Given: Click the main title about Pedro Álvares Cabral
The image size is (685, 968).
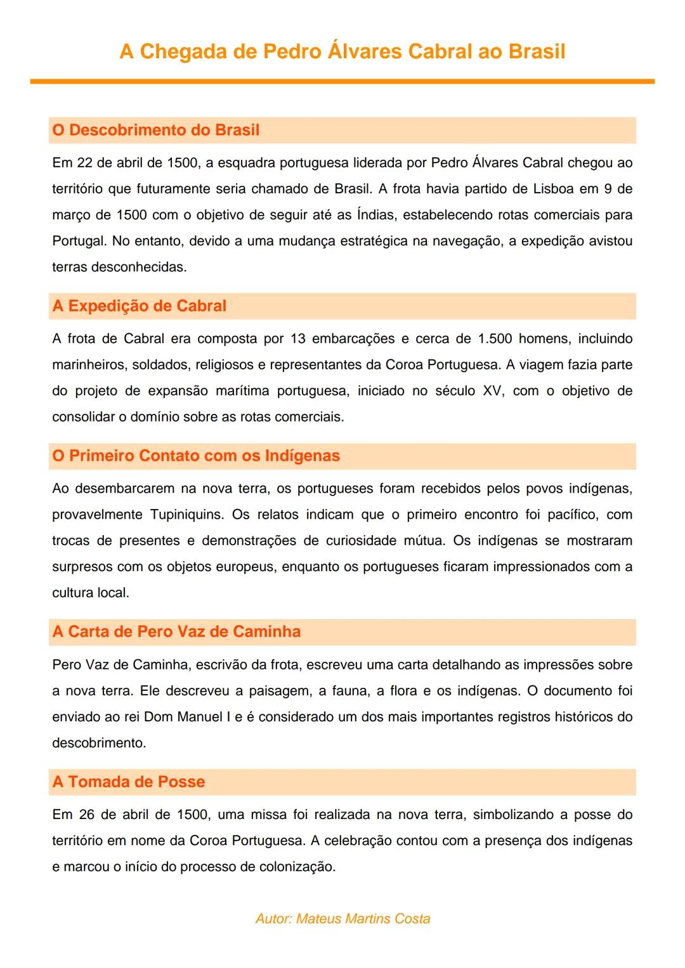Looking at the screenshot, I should point(342,51).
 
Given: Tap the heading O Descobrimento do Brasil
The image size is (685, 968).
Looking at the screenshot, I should point(156,130).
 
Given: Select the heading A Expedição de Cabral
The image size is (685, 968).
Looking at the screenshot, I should point(140,306).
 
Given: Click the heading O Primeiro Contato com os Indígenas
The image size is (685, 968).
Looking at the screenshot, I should point(196,456).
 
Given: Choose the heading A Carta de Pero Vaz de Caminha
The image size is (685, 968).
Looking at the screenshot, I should point(176,631).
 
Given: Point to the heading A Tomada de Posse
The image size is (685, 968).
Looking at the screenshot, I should point(129,782).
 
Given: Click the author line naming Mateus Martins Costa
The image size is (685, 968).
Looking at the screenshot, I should point(342,919).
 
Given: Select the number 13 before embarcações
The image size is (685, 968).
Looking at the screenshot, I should point(298,339).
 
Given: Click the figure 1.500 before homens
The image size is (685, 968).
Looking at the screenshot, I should point(495,339).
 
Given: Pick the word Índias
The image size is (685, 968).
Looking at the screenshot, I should point(377,215).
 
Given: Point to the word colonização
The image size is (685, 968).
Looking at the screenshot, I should point(297,867).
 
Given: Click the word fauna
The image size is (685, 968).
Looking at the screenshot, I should point(349,691).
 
